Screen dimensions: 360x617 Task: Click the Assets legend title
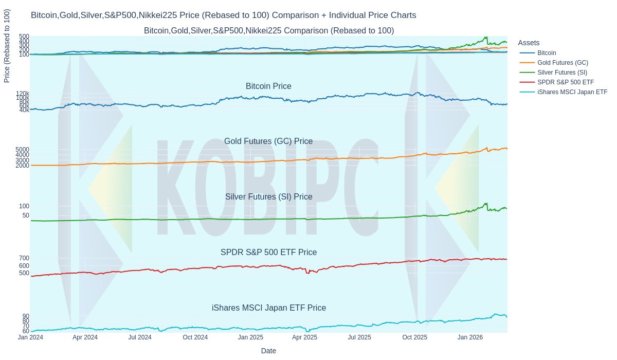click(529, 43)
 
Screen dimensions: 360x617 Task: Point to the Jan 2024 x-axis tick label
click(30, 337)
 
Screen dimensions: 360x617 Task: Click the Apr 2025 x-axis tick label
click(304, 337)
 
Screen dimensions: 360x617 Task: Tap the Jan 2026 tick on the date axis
click(469, 337)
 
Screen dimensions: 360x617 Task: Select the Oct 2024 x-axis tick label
click(195, 337)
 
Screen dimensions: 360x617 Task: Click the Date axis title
click(268, 351)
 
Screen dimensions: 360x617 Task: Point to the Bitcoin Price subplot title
click(268, 86)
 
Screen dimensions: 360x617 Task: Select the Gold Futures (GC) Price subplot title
click(268, 141)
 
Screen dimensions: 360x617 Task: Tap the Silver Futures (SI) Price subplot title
click(268, 197)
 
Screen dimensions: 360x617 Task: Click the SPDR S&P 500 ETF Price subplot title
click(268, 253)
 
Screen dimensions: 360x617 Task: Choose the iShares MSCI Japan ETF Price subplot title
click(268, 308)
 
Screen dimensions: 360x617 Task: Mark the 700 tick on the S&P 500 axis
click(24, 258)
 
